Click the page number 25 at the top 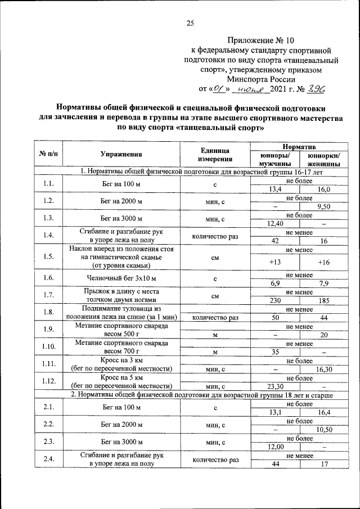[190, 23]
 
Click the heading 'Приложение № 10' [261, 40]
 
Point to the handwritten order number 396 [314, 88]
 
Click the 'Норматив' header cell [299, 146]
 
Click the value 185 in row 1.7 [323, 301]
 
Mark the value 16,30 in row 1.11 [323, 369]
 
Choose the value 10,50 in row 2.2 [323, 430]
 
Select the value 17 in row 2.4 [323, 464]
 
